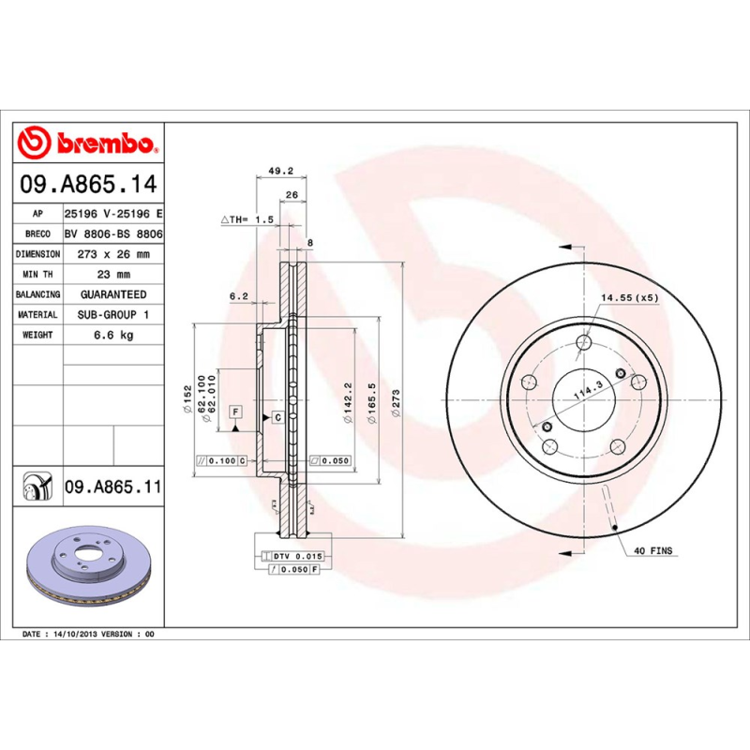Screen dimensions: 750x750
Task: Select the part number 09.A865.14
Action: (88, 184)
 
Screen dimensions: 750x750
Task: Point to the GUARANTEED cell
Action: (113, 294)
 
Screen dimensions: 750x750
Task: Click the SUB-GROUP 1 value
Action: (113, 315)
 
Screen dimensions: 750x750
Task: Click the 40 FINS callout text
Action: (653, 550)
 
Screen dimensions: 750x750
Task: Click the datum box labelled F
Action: (235, 412)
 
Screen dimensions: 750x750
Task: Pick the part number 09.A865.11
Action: (112, 488)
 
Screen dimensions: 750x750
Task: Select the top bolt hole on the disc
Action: (583, 342)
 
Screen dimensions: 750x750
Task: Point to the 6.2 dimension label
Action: (238, 297)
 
